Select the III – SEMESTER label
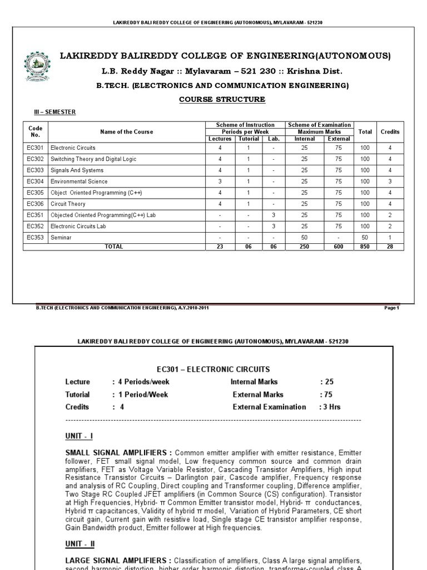click(55, 112)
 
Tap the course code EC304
click(35, 181)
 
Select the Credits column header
click(390, 132)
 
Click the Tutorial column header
click(248, 139)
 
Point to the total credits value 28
click(390, 247)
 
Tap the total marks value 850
click(364, 247)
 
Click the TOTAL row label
click(114, 247)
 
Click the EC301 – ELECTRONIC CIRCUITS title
click(214, 369)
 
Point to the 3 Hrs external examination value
click(330, 407)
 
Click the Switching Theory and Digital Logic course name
click(93, 159)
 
